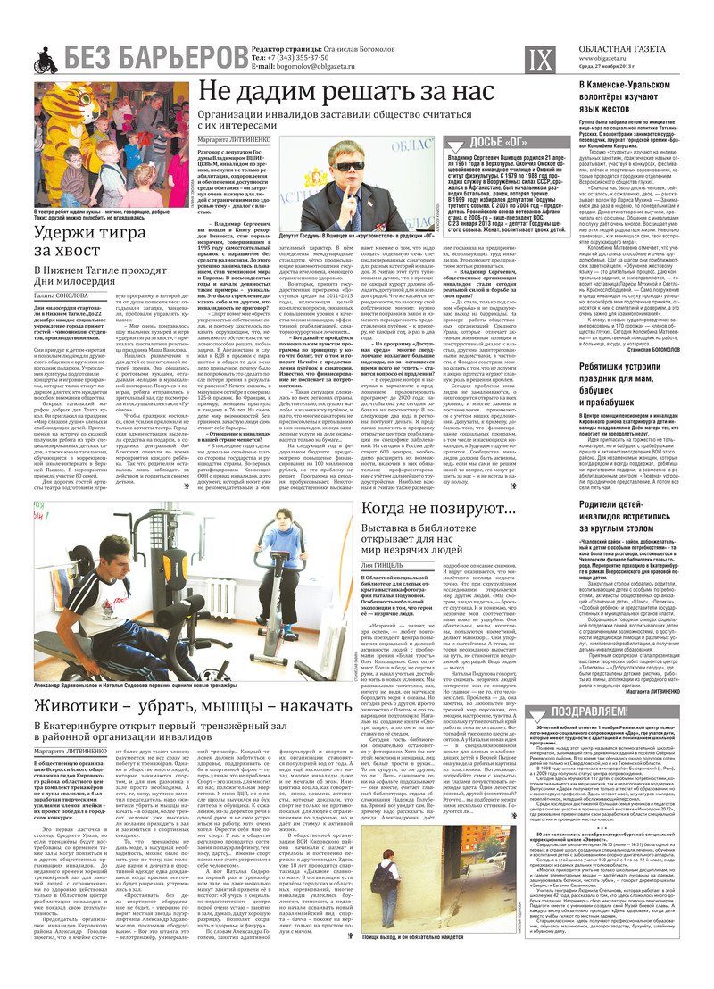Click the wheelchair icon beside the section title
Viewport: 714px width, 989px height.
pos(46,61)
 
